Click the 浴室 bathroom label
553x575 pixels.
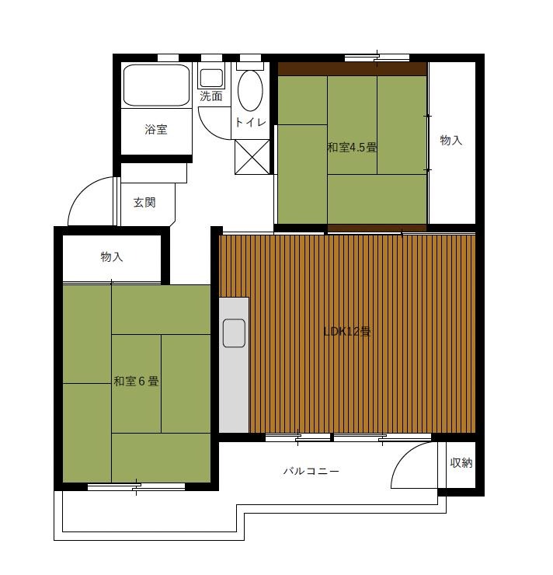click(x=156, y=130)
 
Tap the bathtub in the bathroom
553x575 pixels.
click(x=156, y=85)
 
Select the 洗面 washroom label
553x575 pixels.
click(x=211, y=96)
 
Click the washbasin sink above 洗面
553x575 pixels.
click(x=211, y=78)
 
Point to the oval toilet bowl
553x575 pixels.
click(x=250, y=91)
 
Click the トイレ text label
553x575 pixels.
click(x=250, y=122)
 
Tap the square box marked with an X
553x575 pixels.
click(x=252, y=157)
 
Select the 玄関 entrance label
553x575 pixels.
click(x=144, y=202)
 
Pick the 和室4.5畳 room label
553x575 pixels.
click(x=352, y=148)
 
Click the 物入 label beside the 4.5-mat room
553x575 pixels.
click(x=450, y=140)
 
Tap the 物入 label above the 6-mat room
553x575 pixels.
click(x=111, y=256)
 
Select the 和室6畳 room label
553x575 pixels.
click(x=136, y=382)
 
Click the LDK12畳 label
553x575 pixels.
click(x=347, y=332)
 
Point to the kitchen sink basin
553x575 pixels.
click(x=234, y=333)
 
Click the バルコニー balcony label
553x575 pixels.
click(x=311, y=471)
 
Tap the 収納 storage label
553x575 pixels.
click(x=461, y=463)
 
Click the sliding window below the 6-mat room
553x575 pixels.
click(x=137, y=487)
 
